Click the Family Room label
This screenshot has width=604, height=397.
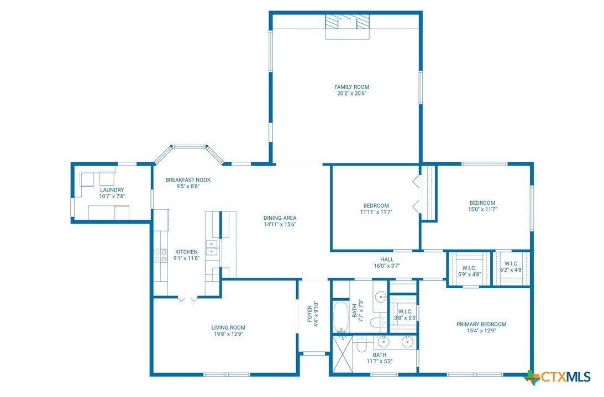(351, 87)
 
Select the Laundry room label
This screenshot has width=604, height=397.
(112, 190)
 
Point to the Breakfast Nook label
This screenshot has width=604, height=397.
(188, 179)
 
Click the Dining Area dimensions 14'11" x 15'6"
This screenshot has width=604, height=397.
(280, 224)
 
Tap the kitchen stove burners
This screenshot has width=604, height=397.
(161, 256)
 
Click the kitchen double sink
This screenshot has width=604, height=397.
(211, 247)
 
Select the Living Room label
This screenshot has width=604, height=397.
(228, 327)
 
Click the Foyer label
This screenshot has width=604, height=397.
(309, 314)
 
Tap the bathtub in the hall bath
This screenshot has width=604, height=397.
(341, 317)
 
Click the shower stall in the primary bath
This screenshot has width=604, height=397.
(343, 354)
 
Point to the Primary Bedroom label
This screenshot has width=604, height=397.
(481, 324)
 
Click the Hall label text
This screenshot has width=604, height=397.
(387, 260)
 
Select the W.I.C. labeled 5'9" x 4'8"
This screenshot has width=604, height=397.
(469, 271)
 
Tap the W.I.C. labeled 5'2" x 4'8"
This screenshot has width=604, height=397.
(511, 267)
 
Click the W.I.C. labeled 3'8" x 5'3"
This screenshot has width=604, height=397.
(405, 315)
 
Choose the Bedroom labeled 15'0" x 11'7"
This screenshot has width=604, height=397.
(482, 206)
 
